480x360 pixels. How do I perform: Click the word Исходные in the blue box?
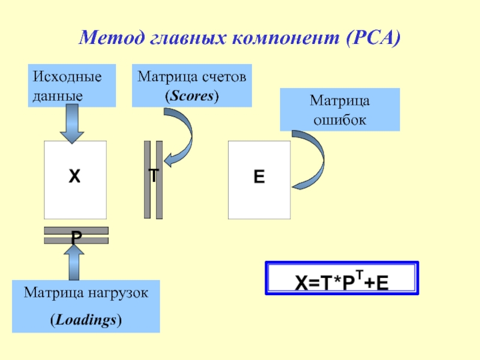coord(67,77)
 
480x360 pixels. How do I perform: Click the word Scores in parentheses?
coord(192,95)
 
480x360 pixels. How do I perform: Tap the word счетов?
coord(224,77)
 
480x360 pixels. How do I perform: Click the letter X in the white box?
coord(74,177)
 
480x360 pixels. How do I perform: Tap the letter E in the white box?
coord(259,177)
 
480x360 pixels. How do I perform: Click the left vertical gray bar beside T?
coord(147,179)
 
